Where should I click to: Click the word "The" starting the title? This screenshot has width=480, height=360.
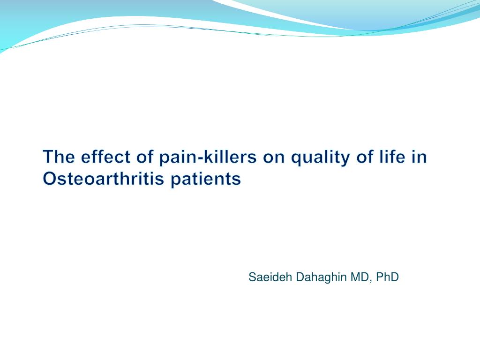[59, 157]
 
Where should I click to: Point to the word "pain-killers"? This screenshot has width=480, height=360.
[208, 157]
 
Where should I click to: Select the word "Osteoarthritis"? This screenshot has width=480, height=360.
[104, 178]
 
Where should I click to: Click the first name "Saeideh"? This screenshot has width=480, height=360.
[270, 277]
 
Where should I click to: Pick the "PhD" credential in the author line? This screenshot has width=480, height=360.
[387, 277]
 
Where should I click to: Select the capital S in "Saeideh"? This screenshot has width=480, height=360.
[252, 277]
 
